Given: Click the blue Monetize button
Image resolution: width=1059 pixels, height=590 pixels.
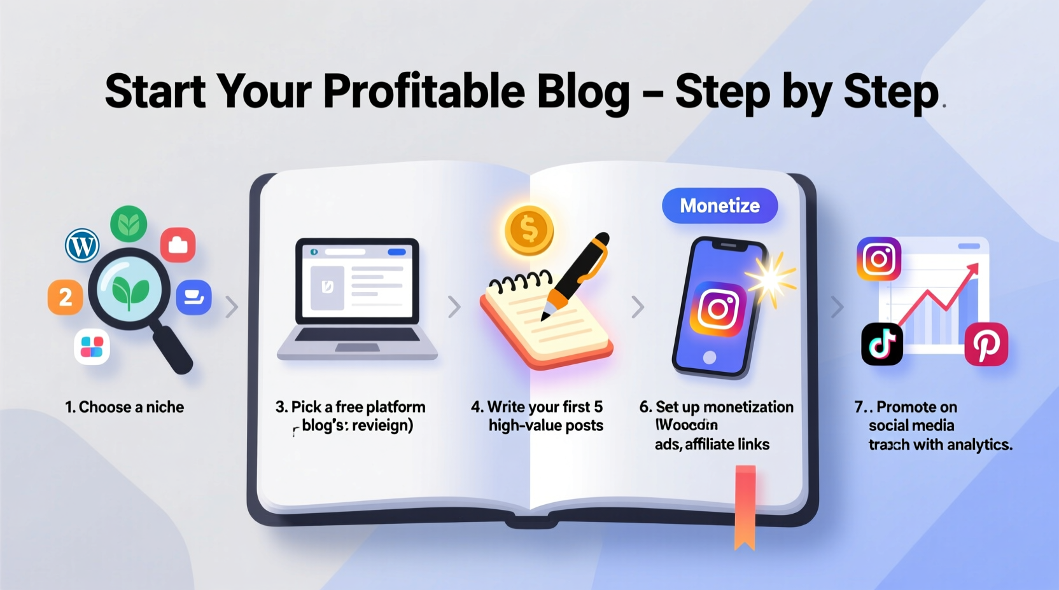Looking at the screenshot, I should point(720,205).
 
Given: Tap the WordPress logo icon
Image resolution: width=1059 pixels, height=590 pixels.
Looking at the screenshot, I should point(82,245).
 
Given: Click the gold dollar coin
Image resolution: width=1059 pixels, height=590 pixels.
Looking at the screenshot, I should point(529,230).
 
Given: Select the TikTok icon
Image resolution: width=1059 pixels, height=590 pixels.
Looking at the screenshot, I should point(882,344).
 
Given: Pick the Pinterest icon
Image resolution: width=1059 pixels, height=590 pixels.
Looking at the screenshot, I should point(986,344).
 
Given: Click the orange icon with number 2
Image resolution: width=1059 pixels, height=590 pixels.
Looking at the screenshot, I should point(65,297).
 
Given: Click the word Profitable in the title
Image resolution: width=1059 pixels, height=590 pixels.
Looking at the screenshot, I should point(424,91).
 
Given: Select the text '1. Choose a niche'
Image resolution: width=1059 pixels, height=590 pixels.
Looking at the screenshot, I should point(125,407).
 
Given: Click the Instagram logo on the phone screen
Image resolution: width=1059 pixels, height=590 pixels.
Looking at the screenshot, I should point(719,309).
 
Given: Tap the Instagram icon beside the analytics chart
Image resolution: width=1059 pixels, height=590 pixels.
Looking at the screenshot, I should point(879,259).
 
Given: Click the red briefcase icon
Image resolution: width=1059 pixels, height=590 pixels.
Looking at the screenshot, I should point(178,245).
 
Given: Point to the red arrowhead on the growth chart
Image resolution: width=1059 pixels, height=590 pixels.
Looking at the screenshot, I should point(972,271).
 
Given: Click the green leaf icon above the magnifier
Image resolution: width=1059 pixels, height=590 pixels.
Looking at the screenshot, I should point(129,224).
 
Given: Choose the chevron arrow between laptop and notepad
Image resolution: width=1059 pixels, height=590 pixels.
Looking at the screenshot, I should point(454,306).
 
